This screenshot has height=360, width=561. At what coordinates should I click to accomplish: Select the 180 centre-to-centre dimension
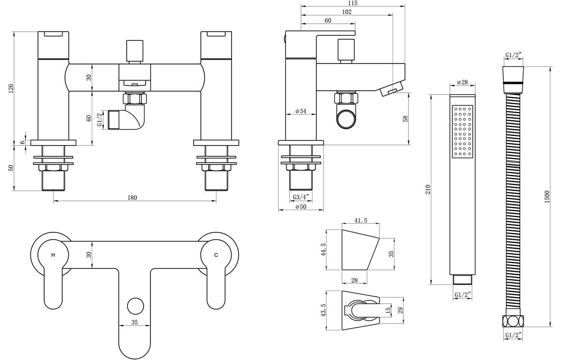point(132,197)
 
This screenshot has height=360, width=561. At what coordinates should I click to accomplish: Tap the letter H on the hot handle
point(53,255)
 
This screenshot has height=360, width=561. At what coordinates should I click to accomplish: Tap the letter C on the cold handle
point(216,255)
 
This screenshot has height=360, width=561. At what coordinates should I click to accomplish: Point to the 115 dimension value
point(353,3)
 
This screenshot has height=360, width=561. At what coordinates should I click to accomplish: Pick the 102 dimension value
point(346,12)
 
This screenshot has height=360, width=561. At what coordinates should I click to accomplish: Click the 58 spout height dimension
point(406,118)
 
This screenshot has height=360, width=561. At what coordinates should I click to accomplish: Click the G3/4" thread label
point(301,197)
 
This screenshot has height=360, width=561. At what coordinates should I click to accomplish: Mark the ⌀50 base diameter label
point(301,207)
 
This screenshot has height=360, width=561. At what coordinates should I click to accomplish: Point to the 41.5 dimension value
point(361,221)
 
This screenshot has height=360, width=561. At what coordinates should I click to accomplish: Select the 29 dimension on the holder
point(401,311)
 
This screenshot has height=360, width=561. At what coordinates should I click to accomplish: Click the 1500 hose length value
point(547,196)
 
